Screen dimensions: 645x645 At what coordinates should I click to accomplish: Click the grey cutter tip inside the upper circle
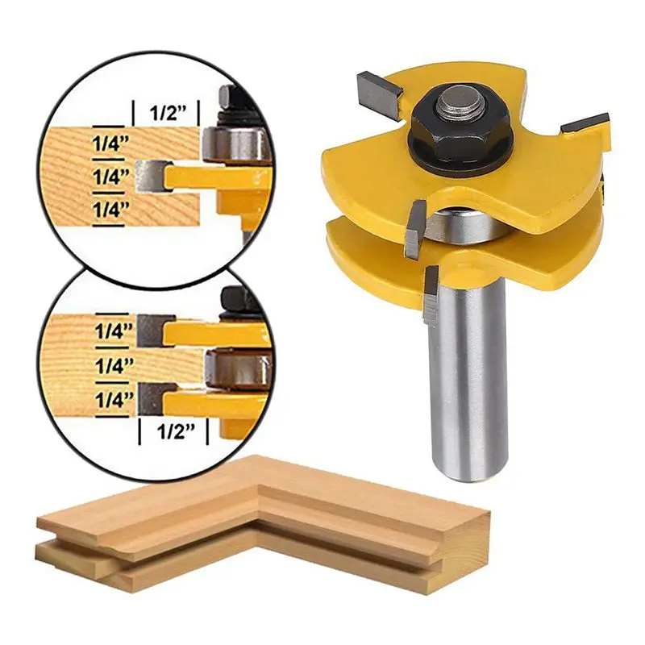[x=151, y=175]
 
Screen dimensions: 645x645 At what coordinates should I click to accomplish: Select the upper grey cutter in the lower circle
[x=151, y=327]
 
